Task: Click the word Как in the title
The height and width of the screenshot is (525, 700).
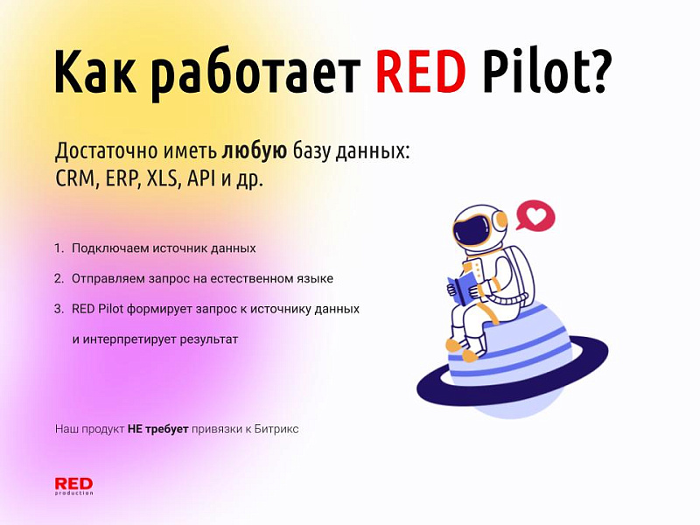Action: tap(95, 71)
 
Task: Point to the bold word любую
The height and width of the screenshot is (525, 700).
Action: tap(254, 150)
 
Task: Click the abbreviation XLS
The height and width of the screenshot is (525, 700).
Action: tap(160, 178)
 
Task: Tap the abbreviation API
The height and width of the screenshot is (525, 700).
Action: tap(203, 178)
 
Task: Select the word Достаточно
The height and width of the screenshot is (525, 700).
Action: tap(97, 150)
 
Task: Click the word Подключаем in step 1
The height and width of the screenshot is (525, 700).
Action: tap(110, 248)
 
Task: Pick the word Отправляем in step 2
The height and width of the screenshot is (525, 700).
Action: tap(110, 279)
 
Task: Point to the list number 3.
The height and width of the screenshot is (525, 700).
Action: tap(58, 309)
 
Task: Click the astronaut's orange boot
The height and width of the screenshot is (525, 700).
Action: tap(470, 354)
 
